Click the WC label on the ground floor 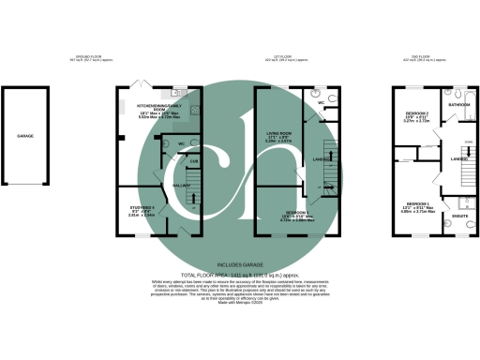(180, 144)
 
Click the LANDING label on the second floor (458, 159)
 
